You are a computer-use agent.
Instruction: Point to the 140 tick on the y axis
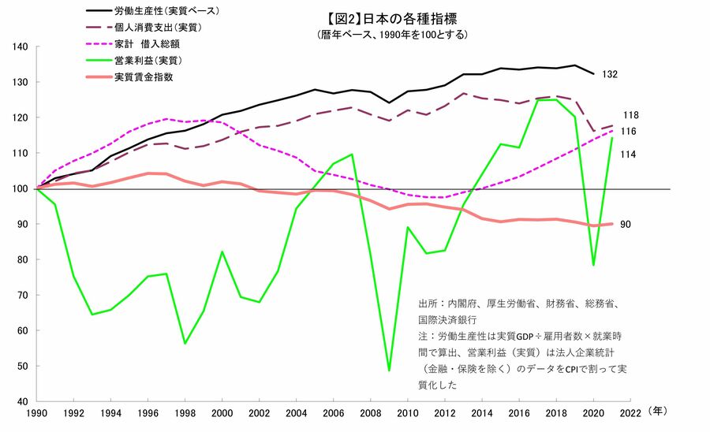(x=21, y=47)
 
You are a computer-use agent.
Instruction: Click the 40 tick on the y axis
(x=23, y=402)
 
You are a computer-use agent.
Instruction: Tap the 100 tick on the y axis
(x=21, y=189)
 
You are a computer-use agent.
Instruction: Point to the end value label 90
(x=625, y=225)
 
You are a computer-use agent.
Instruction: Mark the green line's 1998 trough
(x=185, y=343)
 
